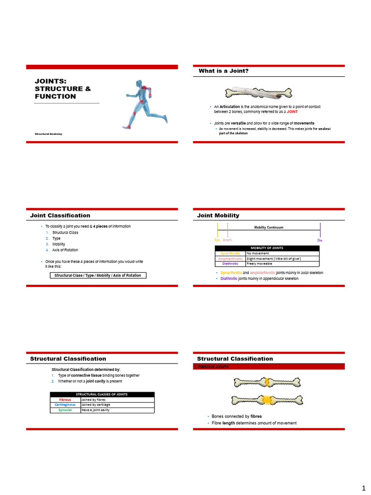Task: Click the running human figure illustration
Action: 145,103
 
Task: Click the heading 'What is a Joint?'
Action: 224,71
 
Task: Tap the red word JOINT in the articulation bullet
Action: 292,111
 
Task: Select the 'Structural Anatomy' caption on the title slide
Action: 48,133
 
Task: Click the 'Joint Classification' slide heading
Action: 60,215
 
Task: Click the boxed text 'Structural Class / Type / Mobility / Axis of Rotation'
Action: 99,275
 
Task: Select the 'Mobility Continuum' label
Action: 269,227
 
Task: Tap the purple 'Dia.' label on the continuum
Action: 320,240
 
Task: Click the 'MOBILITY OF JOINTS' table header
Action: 267,248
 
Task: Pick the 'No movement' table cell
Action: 258,253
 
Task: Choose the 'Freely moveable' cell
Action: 259,263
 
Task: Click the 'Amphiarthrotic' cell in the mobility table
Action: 230,259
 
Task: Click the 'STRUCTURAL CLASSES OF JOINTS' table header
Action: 102,394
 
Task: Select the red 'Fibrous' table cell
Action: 65,400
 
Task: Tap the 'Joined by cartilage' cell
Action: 96,405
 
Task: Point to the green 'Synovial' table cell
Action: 65,410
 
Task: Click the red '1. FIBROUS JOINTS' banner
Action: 211,367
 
